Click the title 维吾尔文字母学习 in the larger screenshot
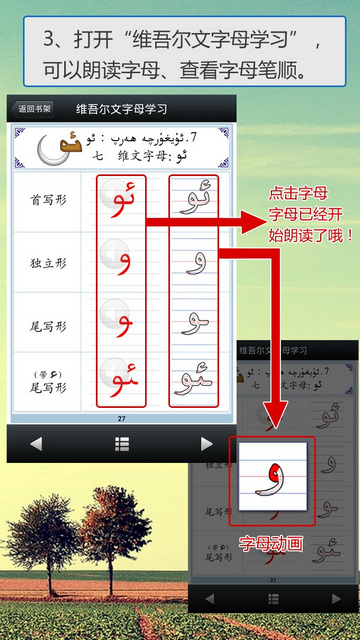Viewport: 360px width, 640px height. [x=122, y=108]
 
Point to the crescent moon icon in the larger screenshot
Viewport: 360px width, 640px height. [x=50, y=148]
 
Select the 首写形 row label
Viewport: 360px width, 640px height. [x=49, y=201]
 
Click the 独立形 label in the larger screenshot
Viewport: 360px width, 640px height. [x=49, y=263]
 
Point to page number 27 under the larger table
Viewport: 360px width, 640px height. [x=122, y=418]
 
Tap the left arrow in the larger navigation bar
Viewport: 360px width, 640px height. [x=36, y=444]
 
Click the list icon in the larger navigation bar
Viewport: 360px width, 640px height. [x=122, y=444]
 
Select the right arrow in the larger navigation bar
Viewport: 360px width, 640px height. [x=207, y=444]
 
